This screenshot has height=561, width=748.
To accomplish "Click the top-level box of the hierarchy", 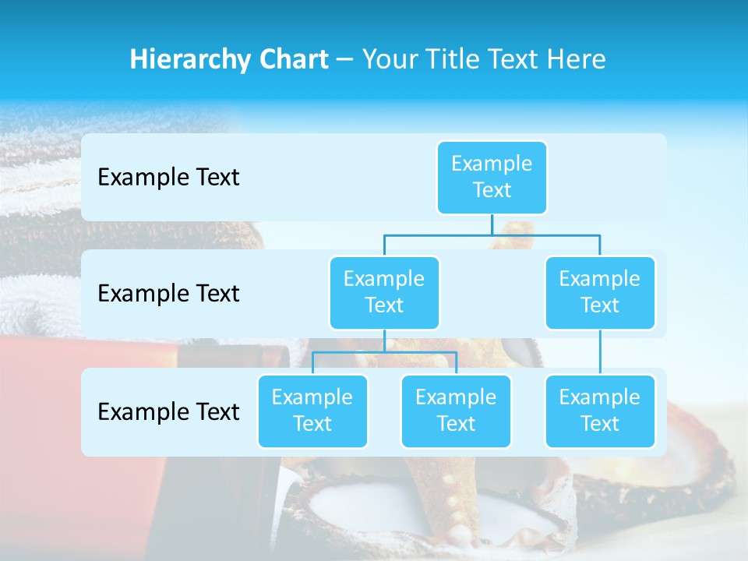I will click(492, 177).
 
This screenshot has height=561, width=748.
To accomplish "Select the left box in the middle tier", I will click(384, 292).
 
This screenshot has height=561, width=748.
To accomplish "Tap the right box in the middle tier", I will click(600, 292).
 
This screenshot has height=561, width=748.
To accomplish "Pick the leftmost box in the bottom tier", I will click(312, 411).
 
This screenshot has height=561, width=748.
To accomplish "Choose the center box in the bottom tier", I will click(456, 411).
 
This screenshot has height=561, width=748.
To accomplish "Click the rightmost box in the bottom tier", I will click(600, 411).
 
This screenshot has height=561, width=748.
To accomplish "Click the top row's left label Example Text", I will click(168, 178).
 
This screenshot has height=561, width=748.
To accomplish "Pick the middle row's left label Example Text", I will click(168, 293).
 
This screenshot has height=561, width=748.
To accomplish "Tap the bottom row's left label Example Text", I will click(168, 411).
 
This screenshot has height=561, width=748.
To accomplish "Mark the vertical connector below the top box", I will click(492, 224).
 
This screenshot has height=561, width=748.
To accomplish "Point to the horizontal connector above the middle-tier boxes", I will click(492, 235).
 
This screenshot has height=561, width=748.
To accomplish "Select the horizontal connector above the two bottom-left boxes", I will click(384, 353).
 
